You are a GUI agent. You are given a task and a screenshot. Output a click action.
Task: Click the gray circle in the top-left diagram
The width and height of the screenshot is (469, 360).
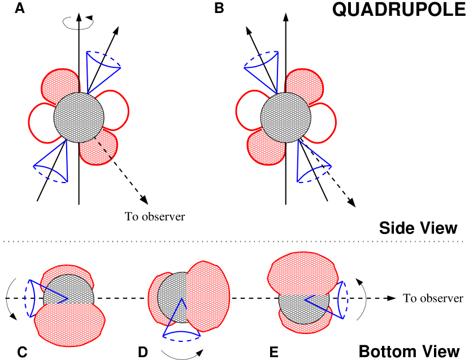click(79, 118)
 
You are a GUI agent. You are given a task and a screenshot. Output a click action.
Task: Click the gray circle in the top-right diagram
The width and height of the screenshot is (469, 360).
click(285, 118)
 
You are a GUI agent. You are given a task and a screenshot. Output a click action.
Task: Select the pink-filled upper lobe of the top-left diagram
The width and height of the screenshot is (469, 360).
click(60, 85)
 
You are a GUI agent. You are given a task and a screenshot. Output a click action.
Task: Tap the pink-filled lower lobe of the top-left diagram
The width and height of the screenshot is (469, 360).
click(98, 150)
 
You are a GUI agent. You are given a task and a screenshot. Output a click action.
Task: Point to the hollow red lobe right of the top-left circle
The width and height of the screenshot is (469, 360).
click(115, 110)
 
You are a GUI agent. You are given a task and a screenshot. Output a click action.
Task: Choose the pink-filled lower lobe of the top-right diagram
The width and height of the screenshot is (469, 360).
click(266, 149)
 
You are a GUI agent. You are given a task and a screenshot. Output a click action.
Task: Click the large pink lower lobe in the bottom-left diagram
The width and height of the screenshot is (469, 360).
click(69, 325)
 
